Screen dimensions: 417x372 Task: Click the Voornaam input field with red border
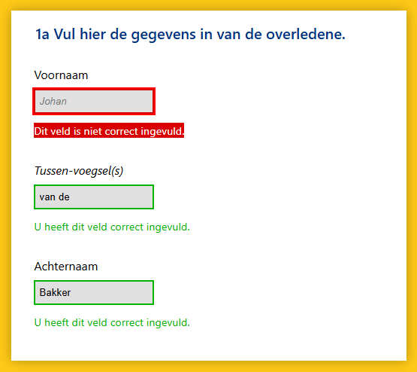(x=94, y=101)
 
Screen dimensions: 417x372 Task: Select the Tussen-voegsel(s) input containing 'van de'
(x=94, y=197)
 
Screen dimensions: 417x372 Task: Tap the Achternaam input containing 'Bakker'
(x=94, y=293)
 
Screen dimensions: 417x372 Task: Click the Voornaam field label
(x=61, y=75)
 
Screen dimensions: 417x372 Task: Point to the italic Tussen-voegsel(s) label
(x=79, y=171)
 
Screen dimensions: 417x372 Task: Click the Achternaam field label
(x=66, y=267)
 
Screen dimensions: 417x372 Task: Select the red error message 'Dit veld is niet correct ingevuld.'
(x=109, y=131)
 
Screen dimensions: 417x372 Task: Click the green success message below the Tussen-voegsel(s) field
(x=112, y=227)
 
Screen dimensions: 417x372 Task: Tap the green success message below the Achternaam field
(x=112, y=323)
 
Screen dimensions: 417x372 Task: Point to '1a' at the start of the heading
(x=43, y=35)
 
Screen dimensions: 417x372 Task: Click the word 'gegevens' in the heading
(x=163, y=35)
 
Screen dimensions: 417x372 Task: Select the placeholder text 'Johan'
(x=53, y=101)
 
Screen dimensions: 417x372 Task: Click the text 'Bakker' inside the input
(x=55, y=293)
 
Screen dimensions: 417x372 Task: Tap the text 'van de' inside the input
(x=55, y=197)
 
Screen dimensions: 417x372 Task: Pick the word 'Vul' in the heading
(x=65, y=35)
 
